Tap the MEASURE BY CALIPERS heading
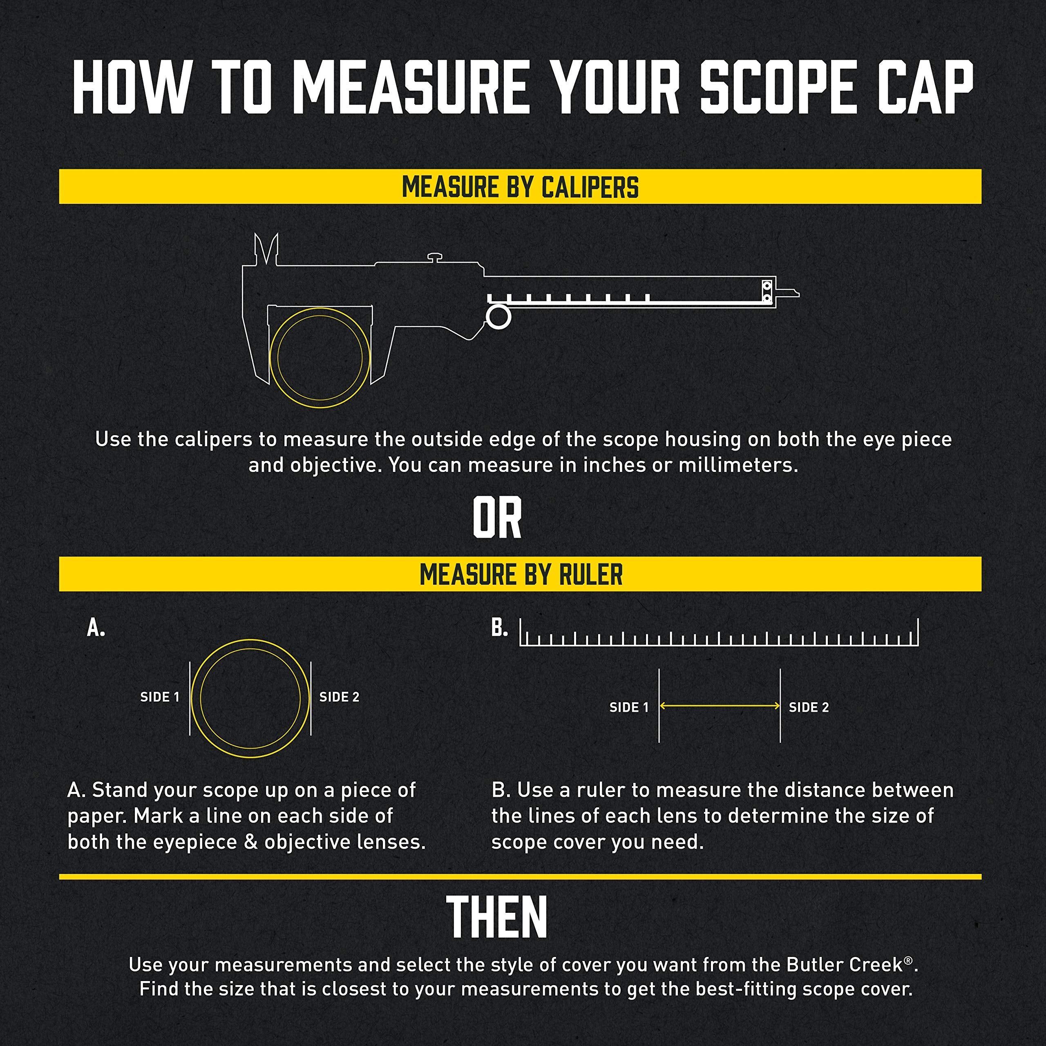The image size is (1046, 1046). point(520,187)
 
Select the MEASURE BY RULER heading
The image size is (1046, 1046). point(521,574)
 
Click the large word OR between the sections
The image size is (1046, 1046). point(497,518)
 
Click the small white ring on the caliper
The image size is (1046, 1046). point(498,317)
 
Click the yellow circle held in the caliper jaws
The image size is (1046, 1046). point(320,358)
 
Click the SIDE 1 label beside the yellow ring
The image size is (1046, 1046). point(160,697)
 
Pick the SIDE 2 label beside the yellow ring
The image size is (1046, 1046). point(339,697)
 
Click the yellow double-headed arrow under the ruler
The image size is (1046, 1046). point(720,706)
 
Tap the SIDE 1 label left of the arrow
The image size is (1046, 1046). point(628,707)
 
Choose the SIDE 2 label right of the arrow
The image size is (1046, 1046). point(808,707)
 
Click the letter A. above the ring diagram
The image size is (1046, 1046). point(96,628)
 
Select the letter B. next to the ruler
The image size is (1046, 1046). point(499,628)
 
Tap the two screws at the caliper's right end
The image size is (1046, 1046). point(767,292)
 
